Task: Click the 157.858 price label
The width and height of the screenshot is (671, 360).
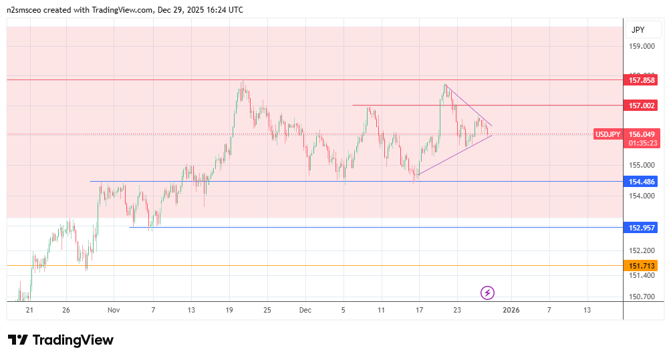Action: click(x=642, y=80)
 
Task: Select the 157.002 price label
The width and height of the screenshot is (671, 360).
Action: click(x=642, y=106)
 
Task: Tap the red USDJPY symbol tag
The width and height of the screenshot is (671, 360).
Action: click(x=608, y=134)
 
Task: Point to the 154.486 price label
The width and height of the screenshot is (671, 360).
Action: click(x=642, y=182)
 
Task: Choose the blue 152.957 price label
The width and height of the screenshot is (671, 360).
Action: click(x=642, y=228)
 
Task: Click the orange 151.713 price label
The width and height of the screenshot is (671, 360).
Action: click(x=642, y=266)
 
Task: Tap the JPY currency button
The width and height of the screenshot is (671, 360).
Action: click(x=638, y=30)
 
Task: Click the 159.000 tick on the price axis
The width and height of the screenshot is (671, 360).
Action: click(x=642, y=47)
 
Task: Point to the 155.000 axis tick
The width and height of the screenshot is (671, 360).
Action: click(x=642, y=165)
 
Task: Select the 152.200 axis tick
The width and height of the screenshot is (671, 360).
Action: click(x=642, y=250)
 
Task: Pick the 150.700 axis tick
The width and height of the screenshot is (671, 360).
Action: click(x=642, y=297)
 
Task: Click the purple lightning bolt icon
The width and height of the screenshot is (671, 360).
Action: click(x=488, y=293)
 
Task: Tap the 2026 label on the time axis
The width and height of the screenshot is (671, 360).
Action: click(x=511, y=310)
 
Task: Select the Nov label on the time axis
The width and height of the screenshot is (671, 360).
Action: click(x=114, y=310)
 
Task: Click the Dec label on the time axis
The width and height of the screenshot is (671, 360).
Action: click(x=305, y=310)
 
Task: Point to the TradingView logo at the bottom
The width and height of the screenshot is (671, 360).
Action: click(x=61, y=340)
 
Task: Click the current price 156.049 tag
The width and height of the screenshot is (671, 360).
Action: click(x=642, y=134)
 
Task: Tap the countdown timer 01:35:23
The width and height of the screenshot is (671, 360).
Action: click(x=642, y=142)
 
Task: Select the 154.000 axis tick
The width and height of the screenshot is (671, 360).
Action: click(x=642, y=196)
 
